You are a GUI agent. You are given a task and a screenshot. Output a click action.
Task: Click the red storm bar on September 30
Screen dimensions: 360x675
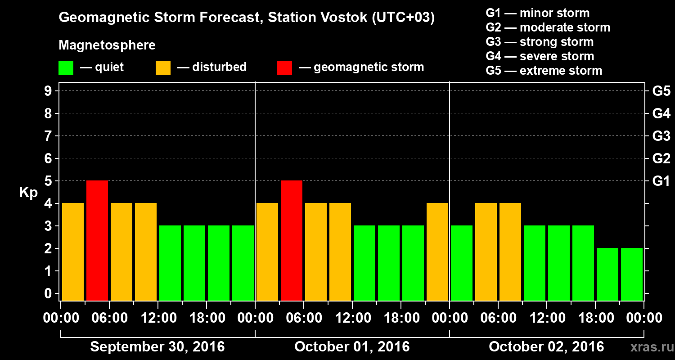click(x=97, y=240)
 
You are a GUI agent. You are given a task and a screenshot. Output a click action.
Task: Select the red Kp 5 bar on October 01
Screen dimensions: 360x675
click(x=292, y=240)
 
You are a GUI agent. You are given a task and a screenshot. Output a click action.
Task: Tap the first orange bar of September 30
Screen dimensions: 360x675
click(x=73, y=252)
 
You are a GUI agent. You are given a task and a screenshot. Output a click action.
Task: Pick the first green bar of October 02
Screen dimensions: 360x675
click(x=462, y=263)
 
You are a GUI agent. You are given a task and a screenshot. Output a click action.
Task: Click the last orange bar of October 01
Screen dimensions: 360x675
click(x=437, y=252)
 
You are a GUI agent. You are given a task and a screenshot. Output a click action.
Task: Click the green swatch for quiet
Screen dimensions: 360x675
click(x=66, y=68)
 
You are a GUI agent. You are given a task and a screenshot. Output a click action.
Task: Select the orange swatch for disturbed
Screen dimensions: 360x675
click(x=163, y=68)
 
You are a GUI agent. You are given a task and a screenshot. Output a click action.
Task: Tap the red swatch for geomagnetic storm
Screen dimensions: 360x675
click(x=284, y=68)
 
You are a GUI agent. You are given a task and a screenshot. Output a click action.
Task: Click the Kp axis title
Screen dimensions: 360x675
click(x=28, y=193)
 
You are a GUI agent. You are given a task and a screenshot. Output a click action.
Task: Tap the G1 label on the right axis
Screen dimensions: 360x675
click(x=661, y=181)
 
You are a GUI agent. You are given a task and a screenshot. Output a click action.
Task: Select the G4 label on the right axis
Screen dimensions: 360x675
click(x=661, y=114)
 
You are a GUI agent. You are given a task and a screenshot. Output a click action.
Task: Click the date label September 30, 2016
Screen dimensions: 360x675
click(x=157, y=347)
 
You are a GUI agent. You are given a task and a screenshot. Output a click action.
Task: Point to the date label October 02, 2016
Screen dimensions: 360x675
click(x=546, y=347)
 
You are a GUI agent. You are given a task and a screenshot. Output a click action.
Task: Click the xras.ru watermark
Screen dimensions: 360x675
click(x=648, y=347)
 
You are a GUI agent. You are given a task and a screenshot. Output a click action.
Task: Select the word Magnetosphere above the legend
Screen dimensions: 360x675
click(x=107, y=45)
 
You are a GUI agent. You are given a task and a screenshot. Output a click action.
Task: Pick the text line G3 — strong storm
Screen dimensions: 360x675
click(x=540, y=42)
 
